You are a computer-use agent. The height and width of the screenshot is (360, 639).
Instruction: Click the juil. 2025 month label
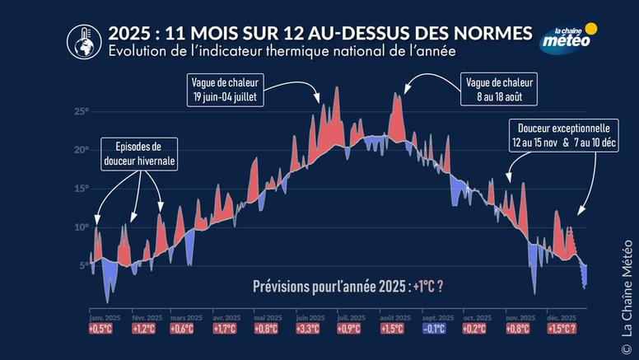tap(353, 318)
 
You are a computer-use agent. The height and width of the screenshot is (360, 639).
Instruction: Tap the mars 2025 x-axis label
tap(186, 318)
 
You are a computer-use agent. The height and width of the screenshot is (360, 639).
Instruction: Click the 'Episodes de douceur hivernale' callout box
tap(138, 154)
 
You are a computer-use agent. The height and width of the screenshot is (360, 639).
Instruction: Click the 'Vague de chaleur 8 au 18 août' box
tap(497, 89)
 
